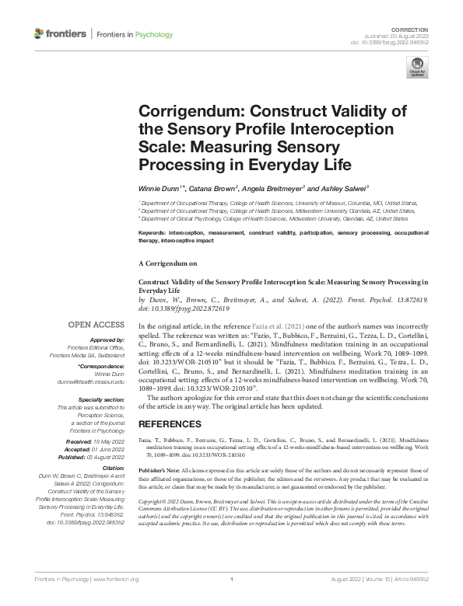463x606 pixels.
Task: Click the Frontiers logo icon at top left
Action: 39,34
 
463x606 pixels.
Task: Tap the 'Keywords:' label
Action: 156,232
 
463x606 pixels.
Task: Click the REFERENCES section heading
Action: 170,424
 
